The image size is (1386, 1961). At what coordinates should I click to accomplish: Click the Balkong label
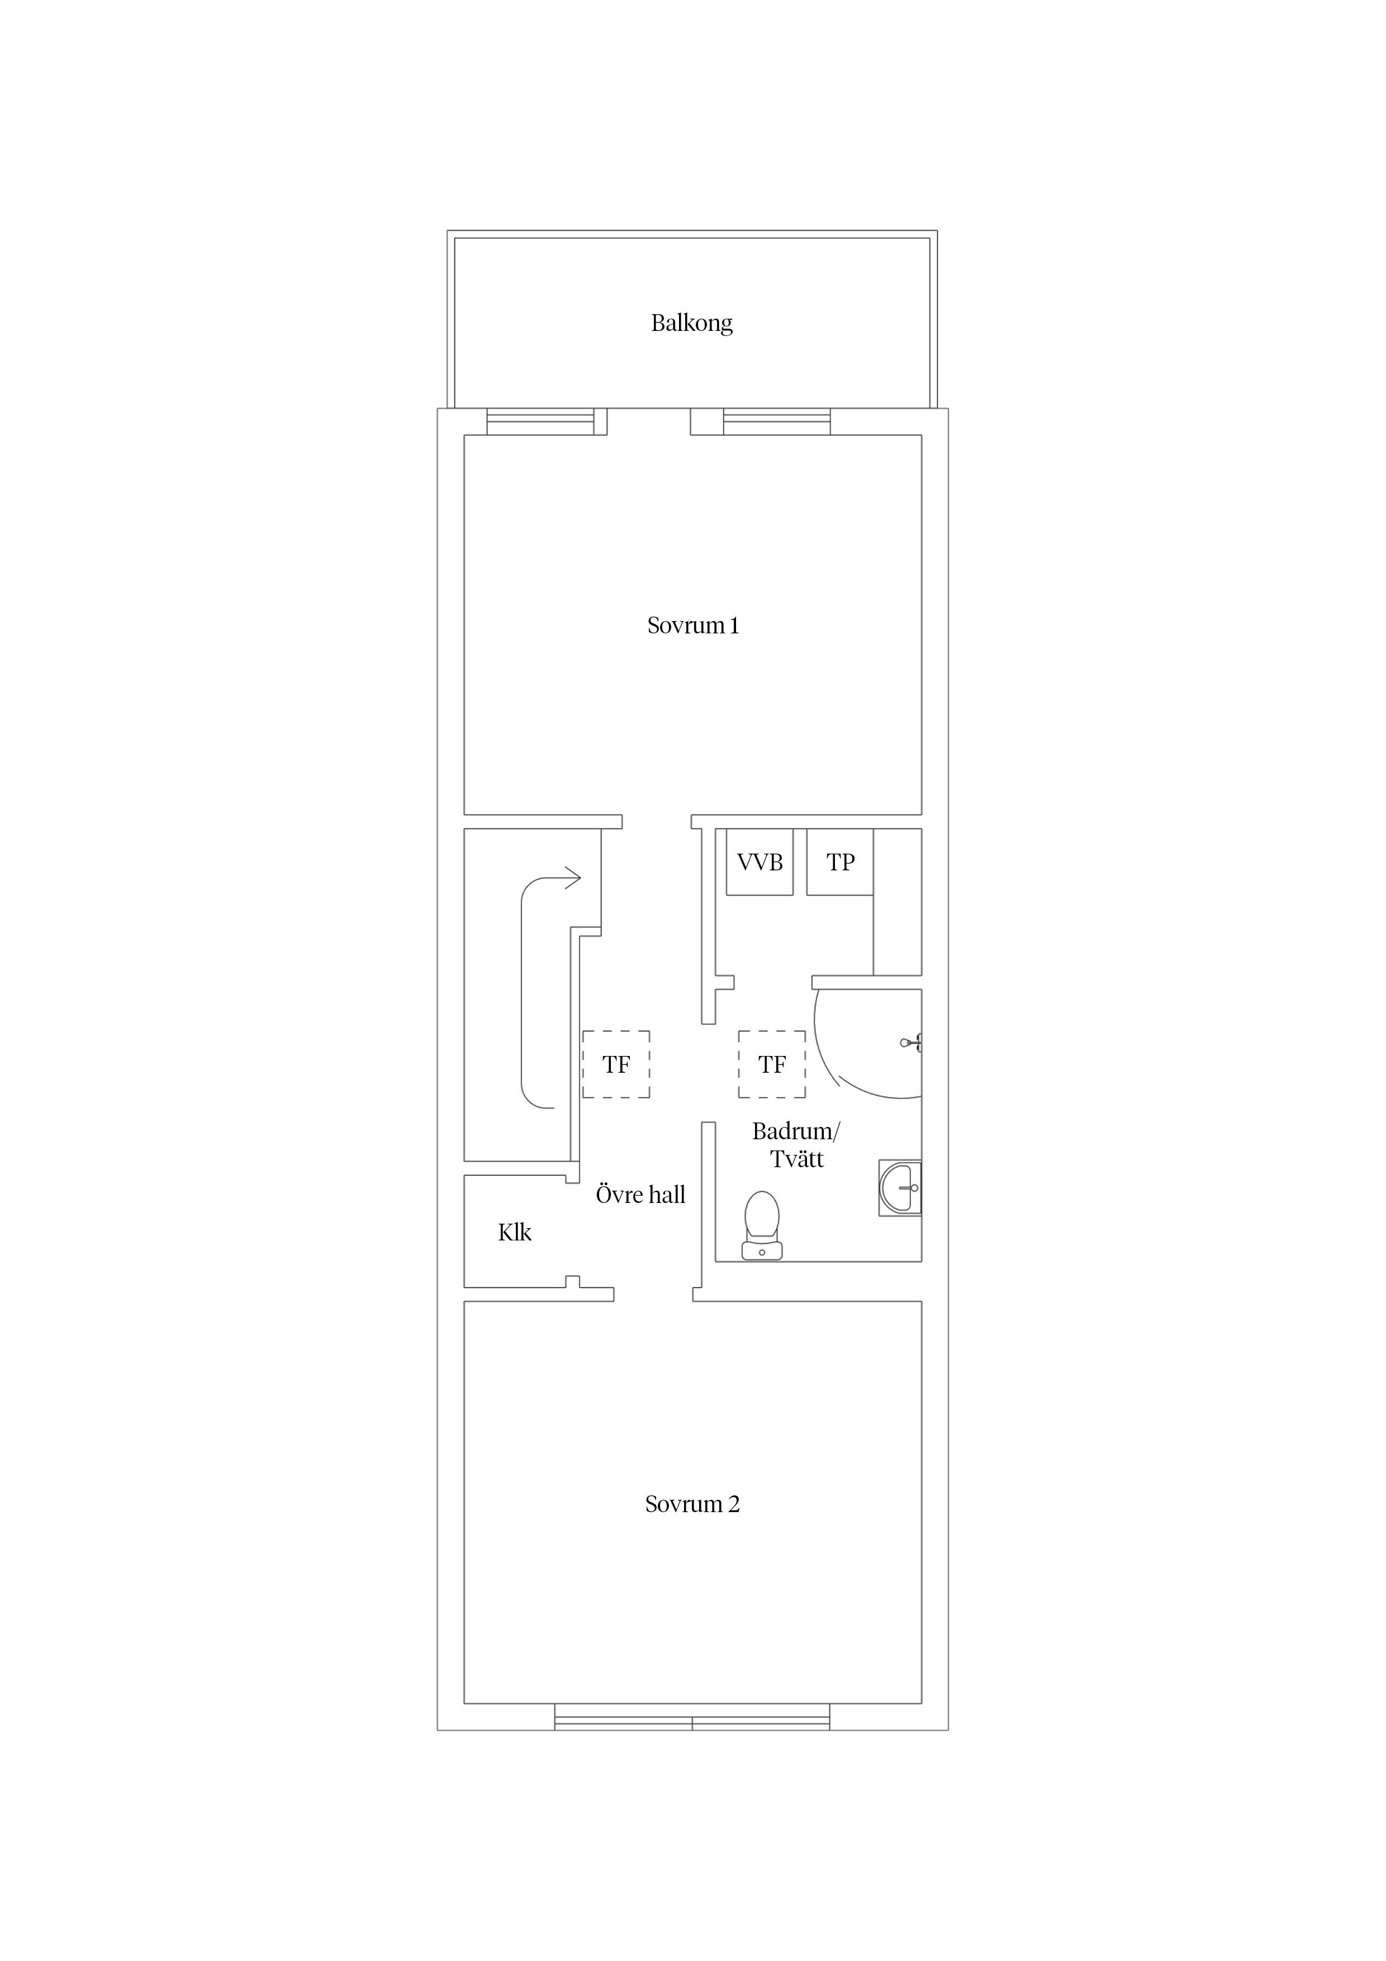tap(692, 323)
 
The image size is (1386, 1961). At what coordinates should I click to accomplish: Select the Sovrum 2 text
tap(692, 1504)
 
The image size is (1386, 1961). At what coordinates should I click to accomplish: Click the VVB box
tap(759, 862)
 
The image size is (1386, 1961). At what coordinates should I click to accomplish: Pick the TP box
tap(839, 862)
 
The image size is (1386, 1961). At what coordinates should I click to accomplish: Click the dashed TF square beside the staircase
tap(616, 1064)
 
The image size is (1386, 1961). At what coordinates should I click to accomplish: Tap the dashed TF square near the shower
tap(772, 1064)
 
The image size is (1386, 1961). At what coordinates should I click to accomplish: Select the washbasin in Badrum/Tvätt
tap(901, 1187)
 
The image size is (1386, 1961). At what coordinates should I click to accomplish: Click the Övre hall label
tap(640, 1194)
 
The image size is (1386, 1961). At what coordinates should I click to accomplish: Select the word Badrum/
tap(796, 1131)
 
